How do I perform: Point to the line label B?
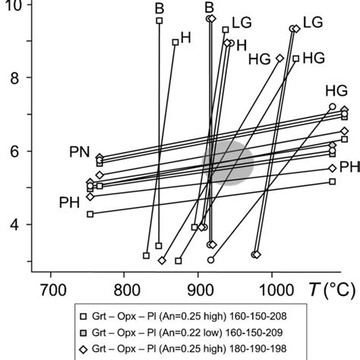pos(159,7)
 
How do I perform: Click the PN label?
pos(80,153)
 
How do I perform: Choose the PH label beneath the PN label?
pos(71,202)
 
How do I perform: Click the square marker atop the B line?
pos(159,21)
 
